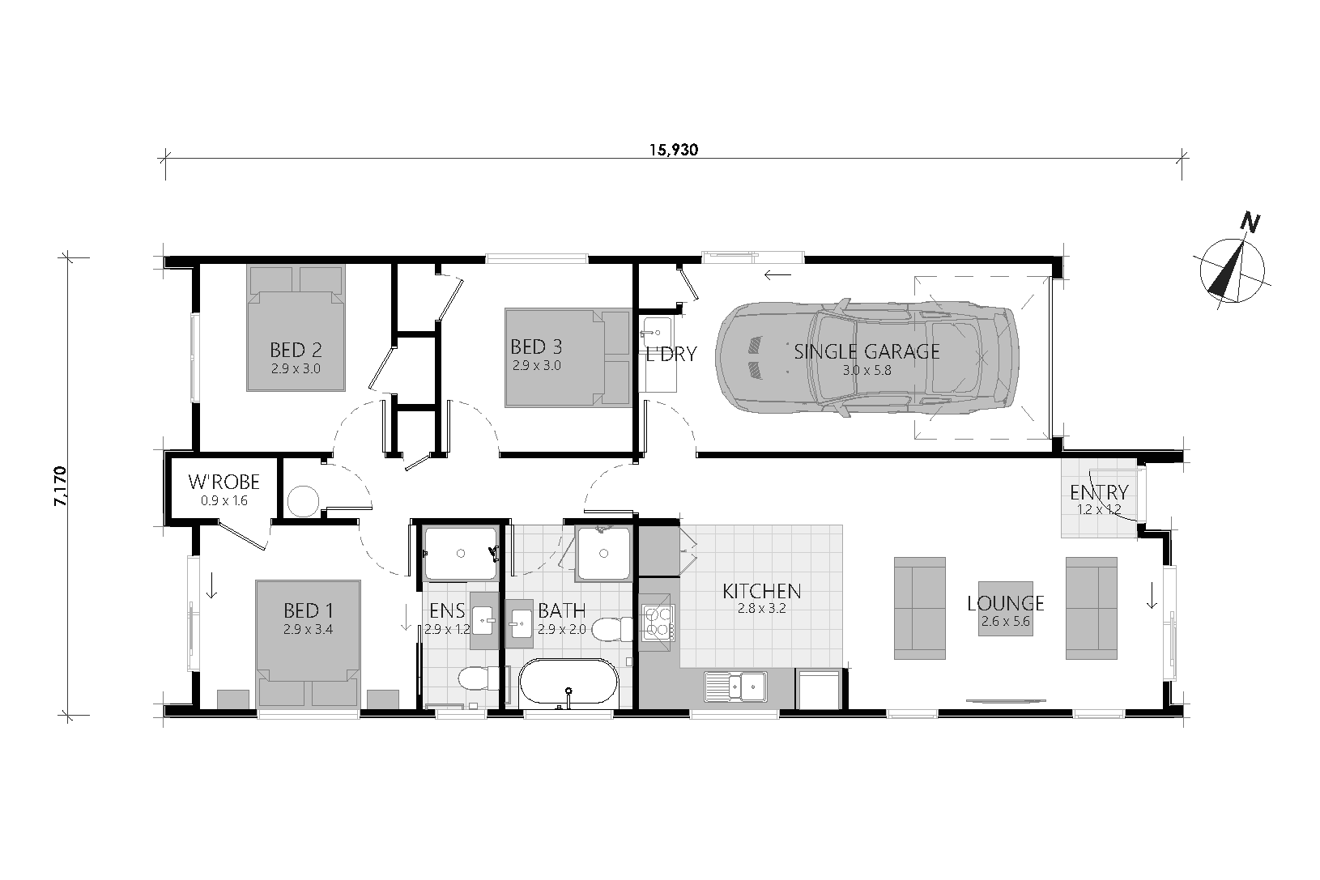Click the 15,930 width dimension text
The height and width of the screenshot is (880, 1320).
tap(674, 150)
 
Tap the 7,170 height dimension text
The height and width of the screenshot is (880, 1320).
tap(61, 486)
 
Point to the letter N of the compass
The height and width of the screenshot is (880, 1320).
tap(1250, 223)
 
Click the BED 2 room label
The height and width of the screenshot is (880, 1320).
tap(296, 350)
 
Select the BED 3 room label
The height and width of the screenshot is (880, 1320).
tap(536, 346)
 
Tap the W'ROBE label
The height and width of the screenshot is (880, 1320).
tap(224, 482)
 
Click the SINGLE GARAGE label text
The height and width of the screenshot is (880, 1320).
tap(867, 351)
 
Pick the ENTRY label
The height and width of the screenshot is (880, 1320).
tap(1099, 492)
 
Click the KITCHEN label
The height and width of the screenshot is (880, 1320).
tap(762, 591)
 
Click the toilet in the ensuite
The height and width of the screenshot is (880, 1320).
tap(479, 678)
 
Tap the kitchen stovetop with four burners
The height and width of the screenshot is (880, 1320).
tap(658, 623)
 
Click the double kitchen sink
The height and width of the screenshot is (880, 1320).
tap(736, 687)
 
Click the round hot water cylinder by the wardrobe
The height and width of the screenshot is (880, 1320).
tap(303, 501)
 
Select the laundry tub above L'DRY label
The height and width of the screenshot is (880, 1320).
tap(657, 332)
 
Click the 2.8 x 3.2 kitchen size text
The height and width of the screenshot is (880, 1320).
tap(762, 609)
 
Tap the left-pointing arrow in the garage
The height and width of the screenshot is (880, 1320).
tap(777, 274)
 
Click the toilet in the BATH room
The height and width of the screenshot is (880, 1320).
tap(611, 629)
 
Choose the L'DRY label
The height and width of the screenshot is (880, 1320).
tap(672, 354)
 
